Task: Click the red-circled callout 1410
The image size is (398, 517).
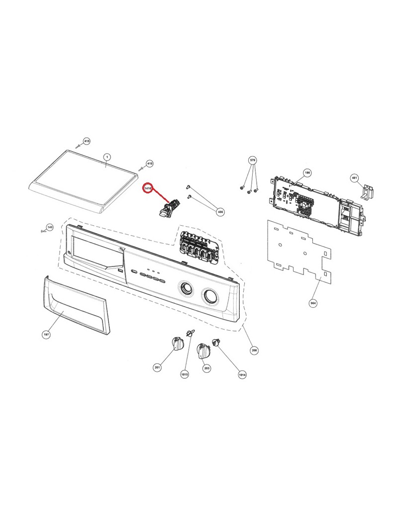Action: pos(147,189)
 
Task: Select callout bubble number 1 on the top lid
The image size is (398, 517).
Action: pos(106,157)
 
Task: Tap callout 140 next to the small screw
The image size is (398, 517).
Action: pos(49,227)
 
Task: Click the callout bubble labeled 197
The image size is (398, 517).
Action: pos(46,335)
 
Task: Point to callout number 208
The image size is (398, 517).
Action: pos(254,350)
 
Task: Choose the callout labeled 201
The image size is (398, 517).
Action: pos(157,367)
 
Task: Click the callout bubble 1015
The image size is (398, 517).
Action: pos(185,374)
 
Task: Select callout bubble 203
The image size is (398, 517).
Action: pos(206,368)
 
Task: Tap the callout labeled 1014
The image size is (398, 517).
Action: pos(242,374)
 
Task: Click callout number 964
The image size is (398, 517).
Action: pos(314,302)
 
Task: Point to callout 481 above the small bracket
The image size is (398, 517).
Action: pos(354,177)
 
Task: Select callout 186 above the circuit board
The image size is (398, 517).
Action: pos(307,172)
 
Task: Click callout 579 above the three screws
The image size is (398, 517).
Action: pos(252,160)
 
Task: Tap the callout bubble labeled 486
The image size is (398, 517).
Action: pos(220,211)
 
